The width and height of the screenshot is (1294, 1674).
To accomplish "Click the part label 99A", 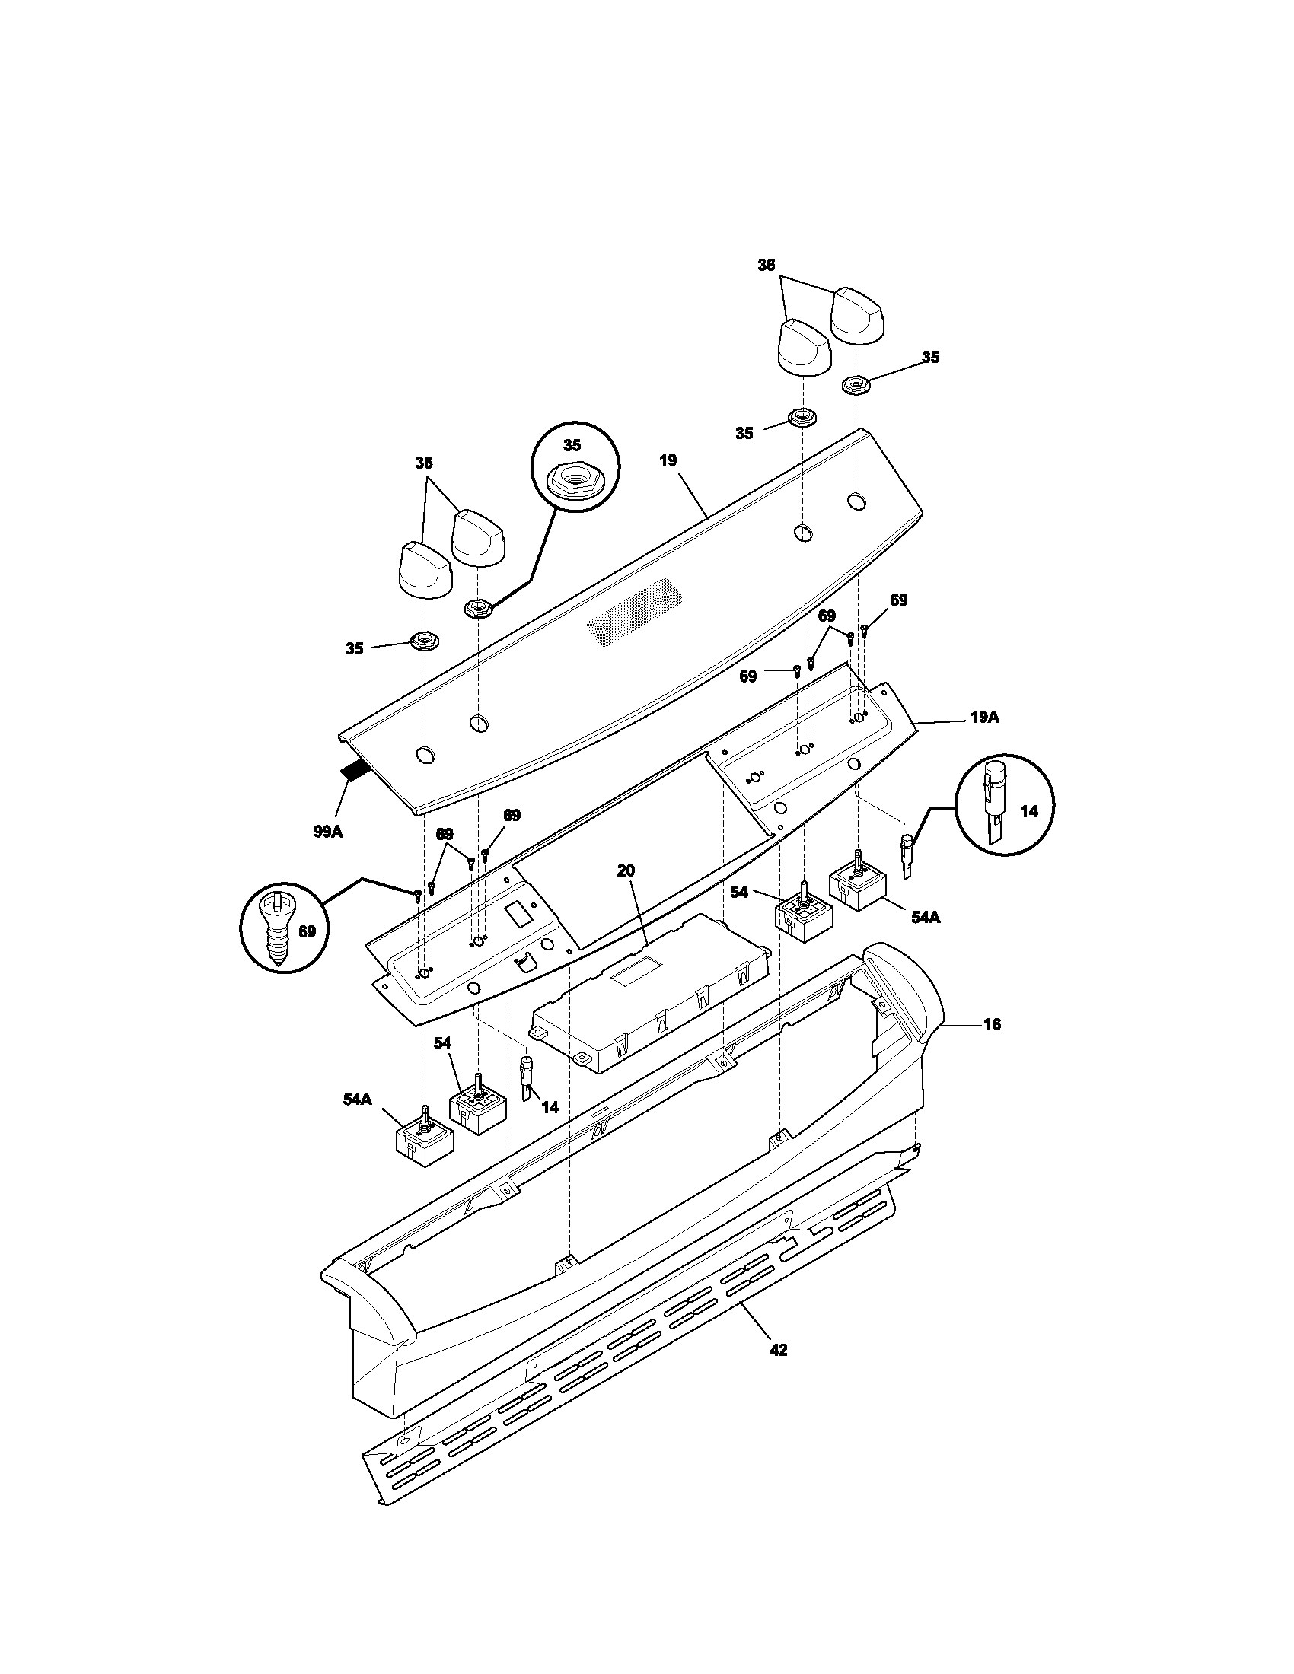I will click(327, 831).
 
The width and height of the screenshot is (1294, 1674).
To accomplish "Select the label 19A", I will click(985, 718).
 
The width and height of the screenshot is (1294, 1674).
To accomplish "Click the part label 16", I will click(991, 1024).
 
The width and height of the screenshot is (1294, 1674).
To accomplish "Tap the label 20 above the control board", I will click(626, 870).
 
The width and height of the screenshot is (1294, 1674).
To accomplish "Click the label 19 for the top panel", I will click(668, 460).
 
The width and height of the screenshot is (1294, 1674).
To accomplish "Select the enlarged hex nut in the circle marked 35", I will click(572, 484).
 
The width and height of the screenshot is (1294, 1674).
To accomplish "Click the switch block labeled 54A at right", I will click(859, 885).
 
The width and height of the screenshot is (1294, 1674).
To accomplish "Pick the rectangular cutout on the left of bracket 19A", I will click(518, 913).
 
